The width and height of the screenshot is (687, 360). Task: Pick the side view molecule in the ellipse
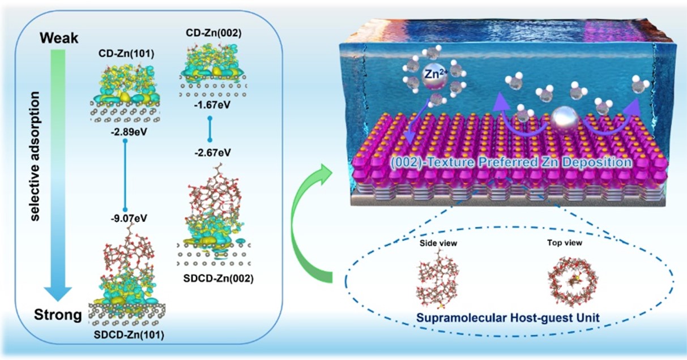click(436, 277)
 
